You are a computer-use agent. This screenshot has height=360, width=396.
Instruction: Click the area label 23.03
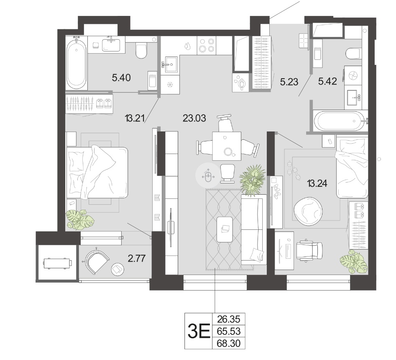click(194, 118)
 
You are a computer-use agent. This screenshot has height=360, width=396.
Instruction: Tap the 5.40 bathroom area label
click(121, 77)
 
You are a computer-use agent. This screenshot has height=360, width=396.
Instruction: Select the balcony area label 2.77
click(137, 258)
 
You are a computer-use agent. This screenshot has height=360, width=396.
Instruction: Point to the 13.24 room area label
click(317, 183)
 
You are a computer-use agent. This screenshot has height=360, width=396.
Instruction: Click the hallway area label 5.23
click(289, 82)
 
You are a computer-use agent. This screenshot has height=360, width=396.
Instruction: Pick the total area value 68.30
click(229, 344)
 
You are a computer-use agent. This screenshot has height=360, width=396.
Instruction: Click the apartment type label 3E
click(199, 332)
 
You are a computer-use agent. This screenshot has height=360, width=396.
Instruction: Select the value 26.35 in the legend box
click(229, 319)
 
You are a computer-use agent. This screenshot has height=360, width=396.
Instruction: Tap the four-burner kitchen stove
click(206, 45)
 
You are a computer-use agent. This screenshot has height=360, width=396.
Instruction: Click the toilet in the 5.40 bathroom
click(141, 51)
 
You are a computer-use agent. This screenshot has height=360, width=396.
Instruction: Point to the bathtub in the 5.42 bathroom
click(338, 121)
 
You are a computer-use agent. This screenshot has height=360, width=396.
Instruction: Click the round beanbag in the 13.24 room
click(308, 211)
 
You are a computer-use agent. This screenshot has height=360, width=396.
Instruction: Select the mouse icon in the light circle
click(208, 176)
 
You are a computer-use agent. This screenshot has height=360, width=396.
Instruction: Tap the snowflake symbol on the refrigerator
click(170, 85)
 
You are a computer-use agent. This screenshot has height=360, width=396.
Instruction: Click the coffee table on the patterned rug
click(225, 229)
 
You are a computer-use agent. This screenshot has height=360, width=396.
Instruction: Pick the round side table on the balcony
click(118, 270)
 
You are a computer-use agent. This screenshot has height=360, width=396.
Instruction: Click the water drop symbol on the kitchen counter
click(187, 46)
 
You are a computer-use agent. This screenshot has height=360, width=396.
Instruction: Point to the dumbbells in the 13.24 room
click(294, 171)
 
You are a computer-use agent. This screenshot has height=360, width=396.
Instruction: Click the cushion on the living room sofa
click(256, 254)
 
